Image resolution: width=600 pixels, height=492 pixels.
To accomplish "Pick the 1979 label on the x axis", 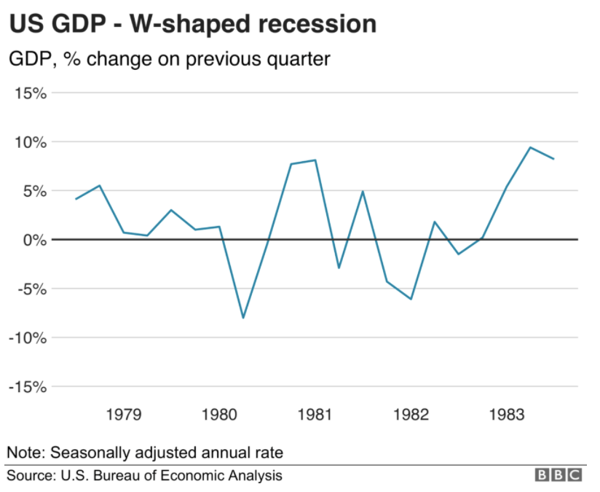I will coord(123,415).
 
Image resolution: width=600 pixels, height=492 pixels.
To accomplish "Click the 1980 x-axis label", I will coord(219,415).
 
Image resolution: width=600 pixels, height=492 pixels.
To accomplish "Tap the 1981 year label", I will coord(315,415).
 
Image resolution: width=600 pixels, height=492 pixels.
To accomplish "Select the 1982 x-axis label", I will coord(411,415).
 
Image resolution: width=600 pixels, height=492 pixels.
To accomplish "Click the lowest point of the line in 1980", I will coord(243,318).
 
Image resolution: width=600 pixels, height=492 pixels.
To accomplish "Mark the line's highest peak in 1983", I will coord(530,147).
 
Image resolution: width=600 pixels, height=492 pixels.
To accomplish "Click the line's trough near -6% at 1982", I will coord(411,299).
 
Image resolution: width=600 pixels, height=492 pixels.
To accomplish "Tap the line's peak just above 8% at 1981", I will coord(315,160).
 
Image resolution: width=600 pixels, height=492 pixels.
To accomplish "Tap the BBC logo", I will coord(558,475).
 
